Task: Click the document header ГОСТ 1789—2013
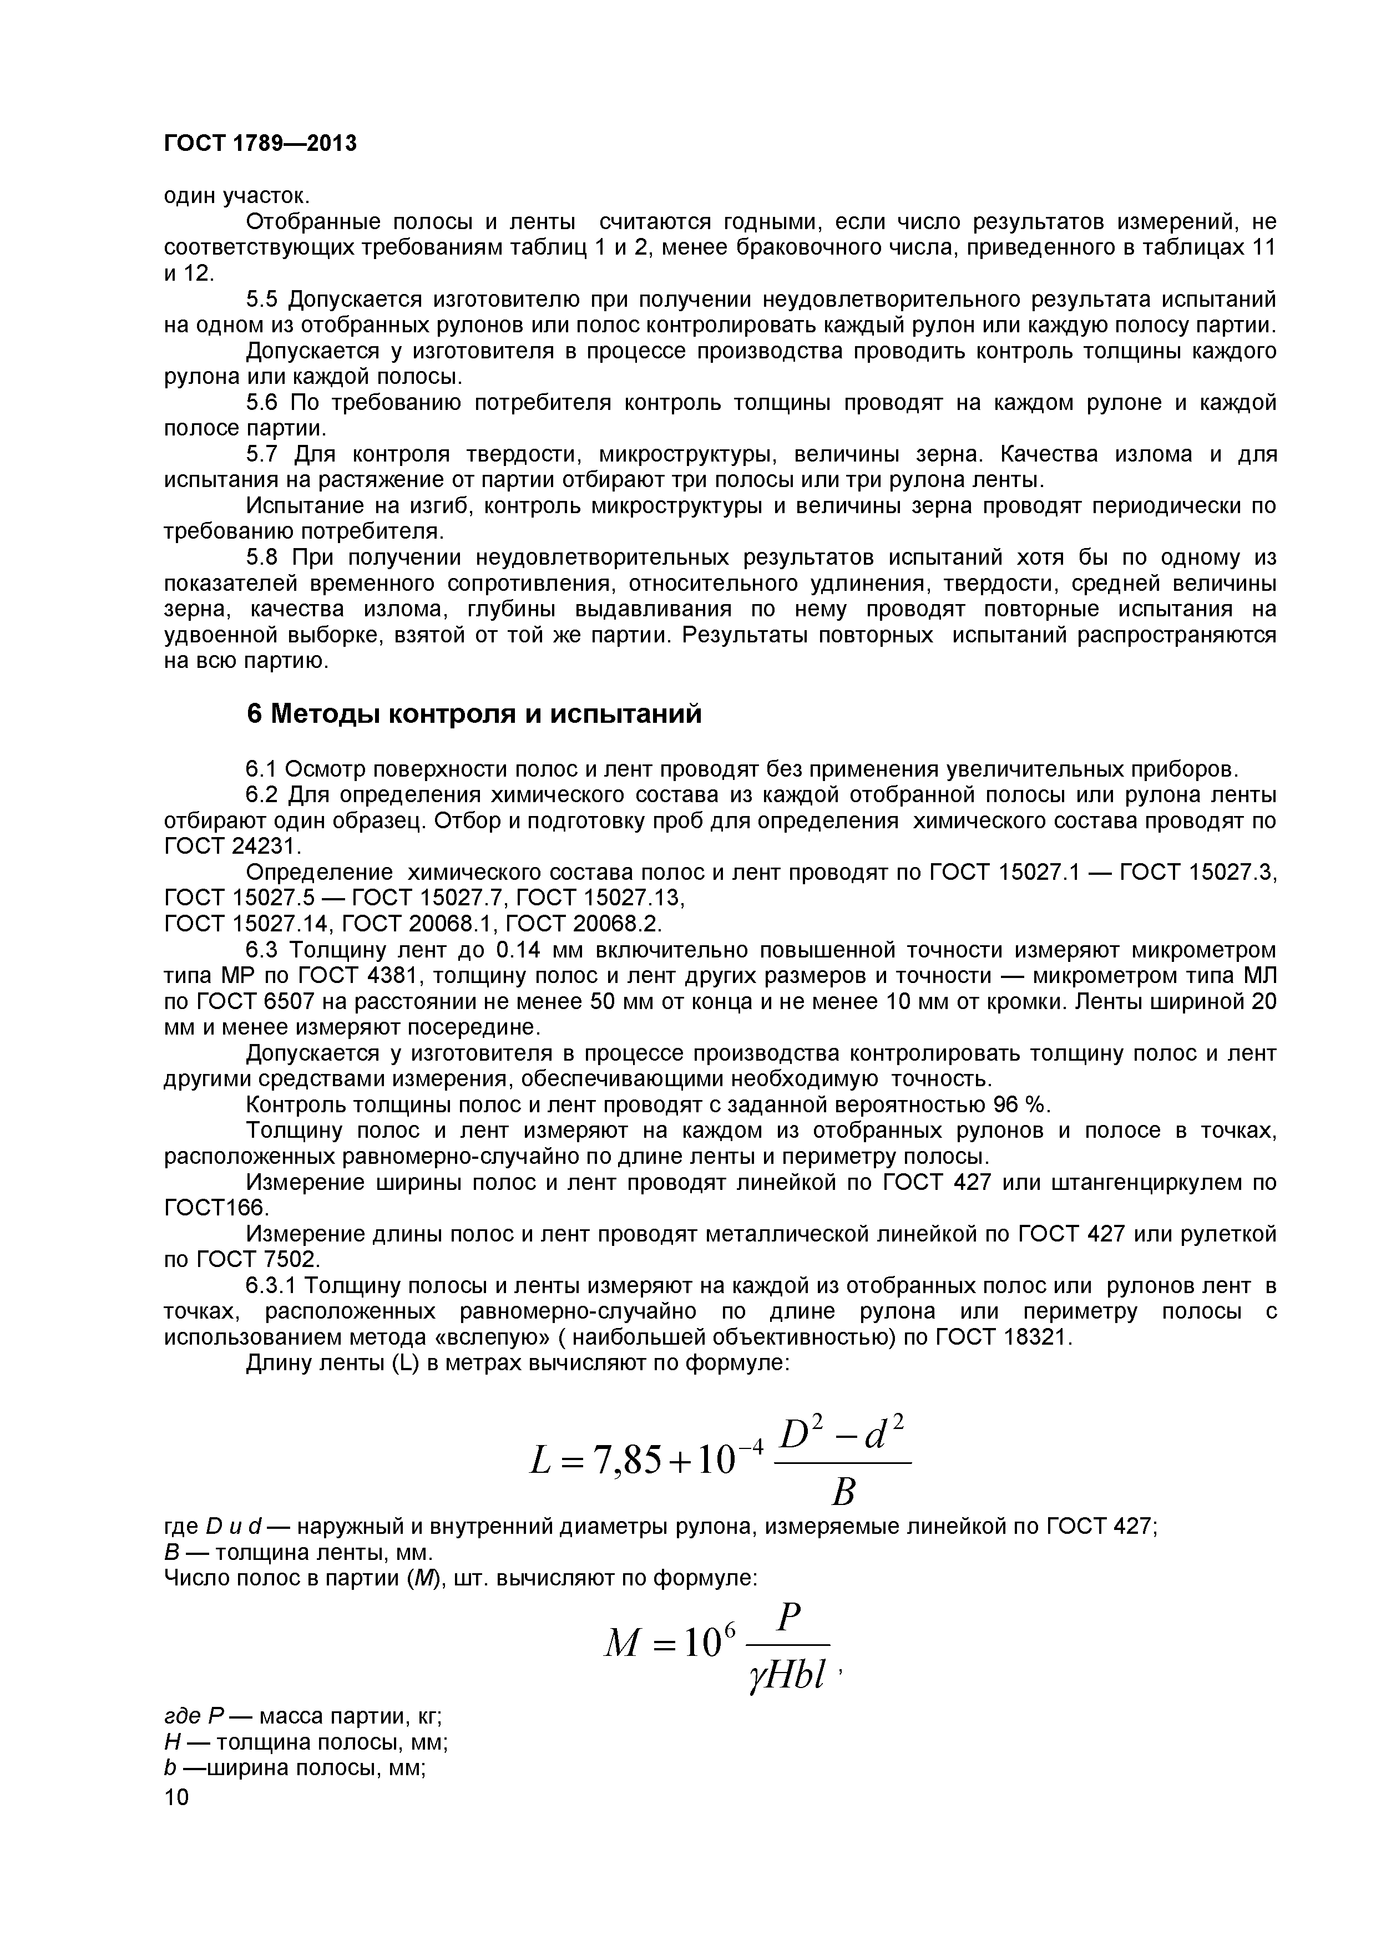(260, 144)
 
